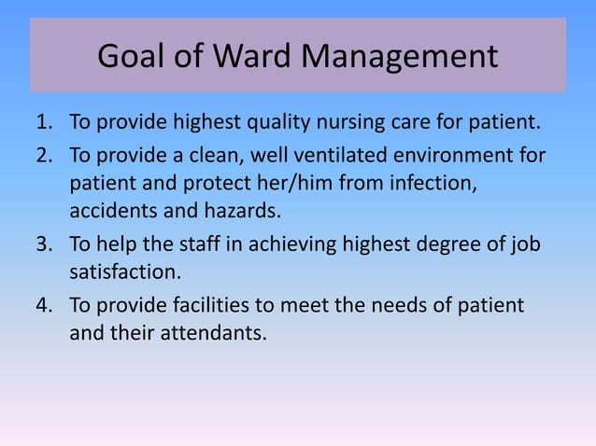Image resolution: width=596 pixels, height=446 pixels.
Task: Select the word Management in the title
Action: point(404,57)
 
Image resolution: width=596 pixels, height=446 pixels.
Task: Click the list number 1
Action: point(44,123)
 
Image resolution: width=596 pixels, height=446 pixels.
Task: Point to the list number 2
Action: point(44,154)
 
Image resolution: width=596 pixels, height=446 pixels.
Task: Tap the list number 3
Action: point(44,244)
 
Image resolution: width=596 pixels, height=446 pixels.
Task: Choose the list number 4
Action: point(44,305)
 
